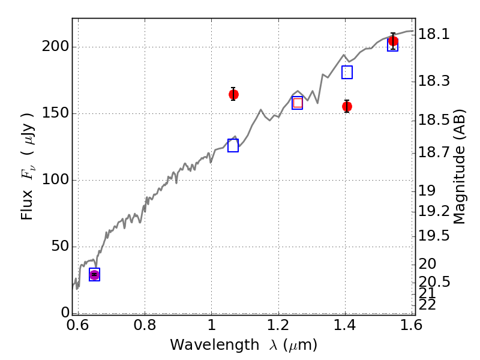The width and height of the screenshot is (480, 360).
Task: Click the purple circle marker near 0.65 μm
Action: [95, 275]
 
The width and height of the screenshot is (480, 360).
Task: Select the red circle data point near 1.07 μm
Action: [233, 94]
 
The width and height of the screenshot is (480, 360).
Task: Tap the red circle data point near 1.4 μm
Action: [347, 107]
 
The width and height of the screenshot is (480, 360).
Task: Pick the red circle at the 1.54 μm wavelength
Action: [393, 41]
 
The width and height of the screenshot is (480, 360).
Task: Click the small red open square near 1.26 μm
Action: [298, 103]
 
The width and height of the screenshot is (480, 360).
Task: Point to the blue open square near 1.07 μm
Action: [233, 145]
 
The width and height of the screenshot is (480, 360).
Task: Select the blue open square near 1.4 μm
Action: [347, 72]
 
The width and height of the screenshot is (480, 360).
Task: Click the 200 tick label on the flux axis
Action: [55, 47]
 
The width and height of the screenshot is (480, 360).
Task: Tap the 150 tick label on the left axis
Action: [55, 113]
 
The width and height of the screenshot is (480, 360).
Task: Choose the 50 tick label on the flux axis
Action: [59, 246]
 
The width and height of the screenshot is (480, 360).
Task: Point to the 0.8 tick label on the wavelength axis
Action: [145, 325]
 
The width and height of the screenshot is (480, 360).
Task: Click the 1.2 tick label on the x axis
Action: [278, 325]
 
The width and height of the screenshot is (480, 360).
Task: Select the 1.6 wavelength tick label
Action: [412, 325]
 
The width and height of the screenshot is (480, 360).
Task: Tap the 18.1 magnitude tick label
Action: [434, 34]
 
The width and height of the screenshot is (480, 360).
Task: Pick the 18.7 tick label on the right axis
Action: [434, 152]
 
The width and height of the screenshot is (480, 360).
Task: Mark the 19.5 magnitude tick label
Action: [434, 236]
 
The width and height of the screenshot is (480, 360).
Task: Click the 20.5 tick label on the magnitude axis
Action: [434, 282]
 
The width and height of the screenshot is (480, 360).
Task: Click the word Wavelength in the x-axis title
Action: [215, 345]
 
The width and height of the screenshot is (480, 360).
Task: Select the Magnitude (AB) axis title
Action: [458, 167]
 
